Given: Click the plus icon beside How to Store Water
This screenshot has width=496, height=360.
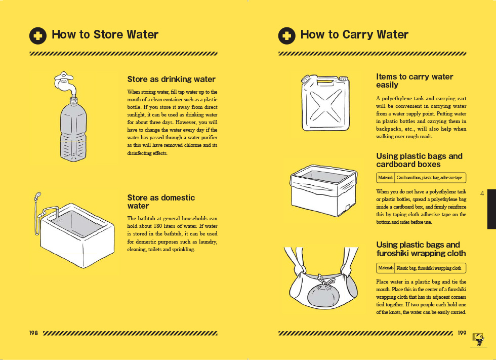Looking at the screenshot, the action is tap(38, 35).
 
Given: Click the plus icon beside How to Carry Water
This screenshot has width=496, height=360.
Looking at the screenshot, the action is tap(286, 35).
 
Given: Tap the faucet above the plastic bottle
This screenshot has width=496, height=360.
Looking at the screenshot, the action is tap(65, 83).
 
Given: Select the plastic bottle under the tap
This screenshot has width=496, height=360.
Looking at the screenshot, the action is tap(73, 129).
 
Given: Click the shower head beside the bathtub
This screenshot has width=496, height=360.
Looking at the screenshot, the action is tap(37, 195).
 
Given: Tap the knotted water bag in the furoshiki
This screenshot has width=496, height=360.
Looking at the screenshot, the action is tap(323, 291).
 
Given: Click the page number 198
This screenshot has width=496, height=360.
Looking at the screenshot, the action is tap(33, 333).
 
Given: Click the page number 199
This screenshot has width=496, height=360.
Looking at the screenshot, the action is tap(462, 333).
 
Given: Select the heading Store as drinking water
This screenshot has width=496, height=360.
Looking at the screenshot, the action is tap(171, 79).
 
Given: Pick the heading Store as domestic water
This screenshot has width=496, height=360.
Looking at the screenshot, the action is tap(161, 202).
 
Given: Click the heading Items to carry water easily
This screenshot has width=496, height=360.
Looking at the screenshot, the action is tap(415, 81).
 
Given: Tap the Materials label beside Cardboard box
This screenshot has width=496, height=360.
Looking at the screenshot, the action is tap(386, 178).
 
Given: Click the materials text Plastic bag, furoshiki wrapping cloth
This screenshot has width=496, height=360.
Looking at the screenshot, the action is tap(429, 268).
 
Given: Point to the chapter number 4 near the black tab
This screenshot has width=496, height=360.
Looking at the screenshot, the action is tap(482, 193).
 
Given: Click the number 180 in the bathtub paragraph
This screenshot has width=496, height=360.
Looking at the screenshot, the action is tap(157, 226).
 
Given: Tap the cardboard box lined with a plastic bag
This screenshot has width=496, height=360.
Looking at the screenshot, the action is tap(323, 190).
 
